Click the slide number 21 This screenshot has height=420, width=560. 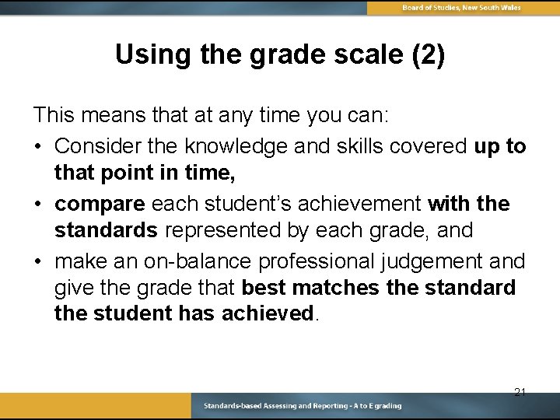[x=520, y=392]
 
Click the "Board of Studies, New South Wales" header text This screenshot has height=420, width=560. [x=461, y=8]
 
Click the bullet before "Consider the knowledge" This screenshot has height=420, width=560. [x=38, y=146]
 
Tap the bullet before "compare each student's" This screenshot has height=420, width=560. [x=38, y=204]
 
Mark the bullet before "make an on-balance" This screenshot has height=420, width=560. [x=38, y=261]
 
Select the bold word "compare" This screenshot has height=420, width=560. [x=100, y=204]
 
